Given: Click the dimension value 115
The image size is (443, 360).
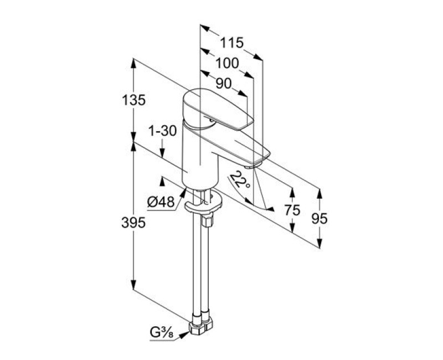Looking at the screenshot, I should pyautogui.click(x=232, y=43).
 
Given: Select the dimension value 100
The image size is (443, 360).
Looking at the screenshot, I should pyautogui.click(x=228, y=63).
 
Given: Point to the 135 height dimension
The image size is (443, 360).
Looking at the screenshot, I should pyautogui.click(x=134, y=100).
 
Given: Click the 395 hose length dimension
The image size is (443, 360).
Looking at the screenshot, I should pyautogui.click(x=134, y=222).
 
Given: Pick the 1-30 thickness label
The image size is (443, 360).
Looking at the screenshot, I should pyautogui.click(x=162, y=131).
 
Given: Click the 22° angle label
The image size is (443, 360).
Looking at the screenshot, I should pyautogui.click(x=239, y=180).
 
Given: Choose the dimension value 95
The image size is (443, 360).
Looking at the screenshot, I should pyautogui.click(x=319, y=218).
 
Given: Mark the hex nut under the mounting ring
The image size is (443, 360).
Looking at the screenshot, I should pyautogui.click(x=208, y=220).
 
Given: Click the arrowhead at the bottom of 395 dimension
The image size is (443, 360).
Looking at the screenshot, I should pyautogui.click(x=134, y=289).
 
